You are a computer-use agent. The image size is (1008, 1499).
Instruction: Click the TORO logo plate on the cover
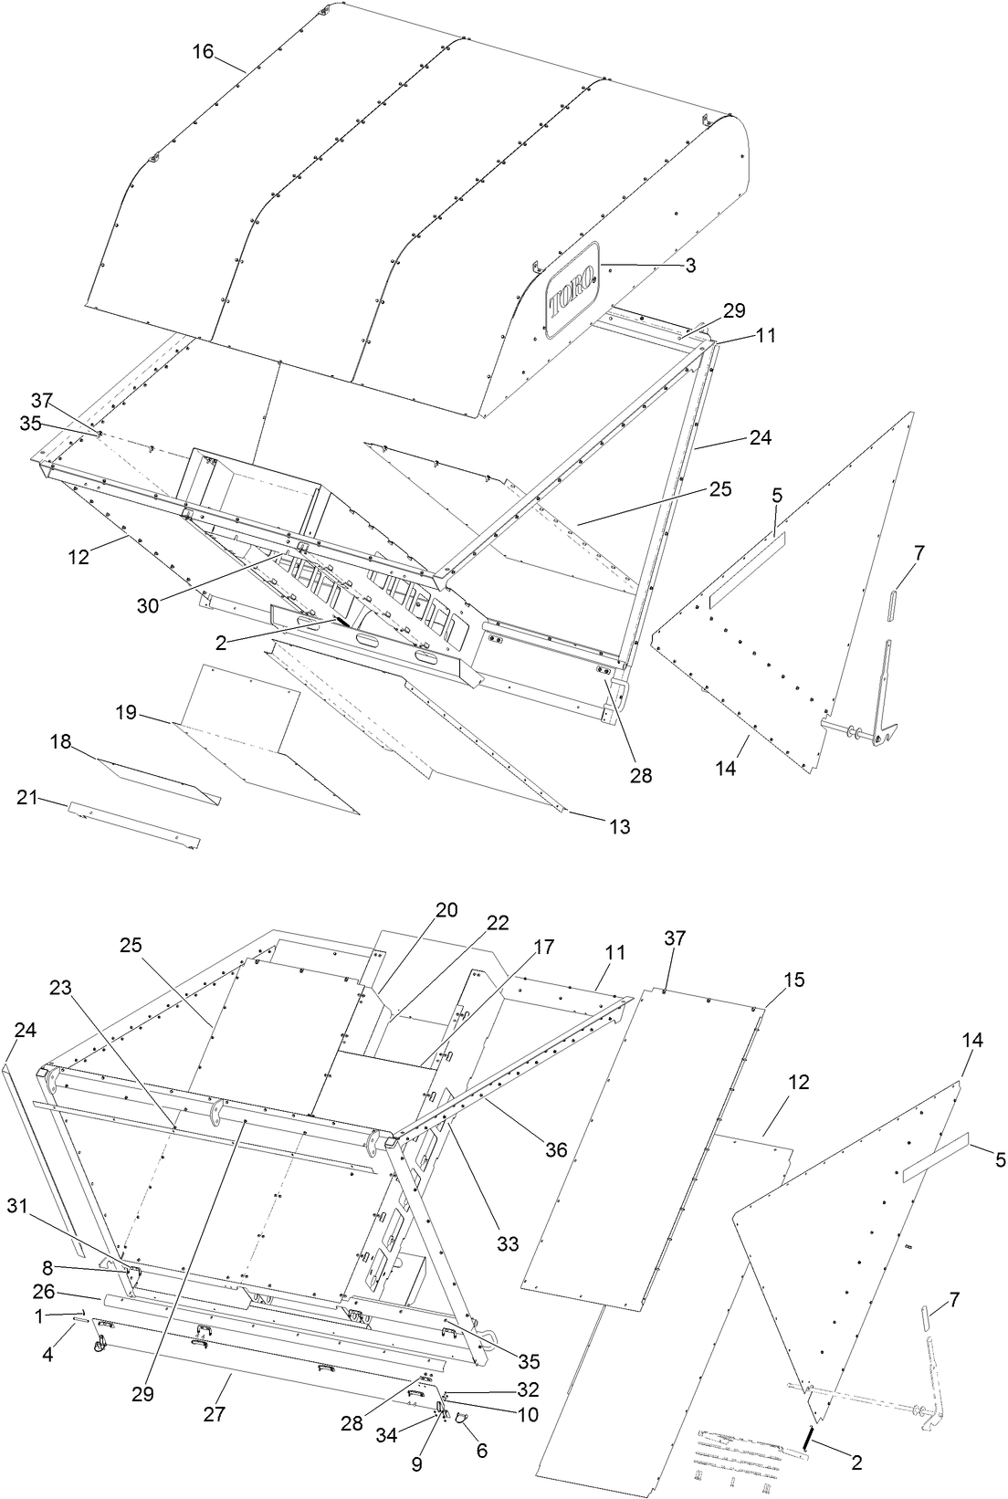click(x=572, y=289)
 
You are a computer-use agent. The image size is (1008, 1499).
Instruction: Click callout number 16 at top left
click(x=203, y=52)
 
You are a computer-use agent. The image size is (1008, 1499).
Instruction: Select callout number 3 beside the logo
click(x=690, y=266)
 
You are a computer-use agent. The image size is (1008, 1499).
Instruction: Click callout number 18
click(x=60, y=745)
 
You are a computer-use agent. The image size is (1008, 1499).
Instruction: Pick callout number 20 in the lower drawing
click(x=446, y=910)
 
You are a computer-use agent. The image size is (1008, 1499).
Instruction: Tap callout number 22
click(x=497, y=923)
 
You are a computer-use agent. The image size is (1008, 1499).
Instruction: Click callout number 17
click(x=543, y=948)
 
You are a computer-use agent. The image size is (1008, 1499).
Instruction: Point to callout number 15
click(x=794, y=980)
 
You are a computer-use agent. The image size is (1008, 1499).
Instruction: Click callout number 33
click(x=508, y=1243)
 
